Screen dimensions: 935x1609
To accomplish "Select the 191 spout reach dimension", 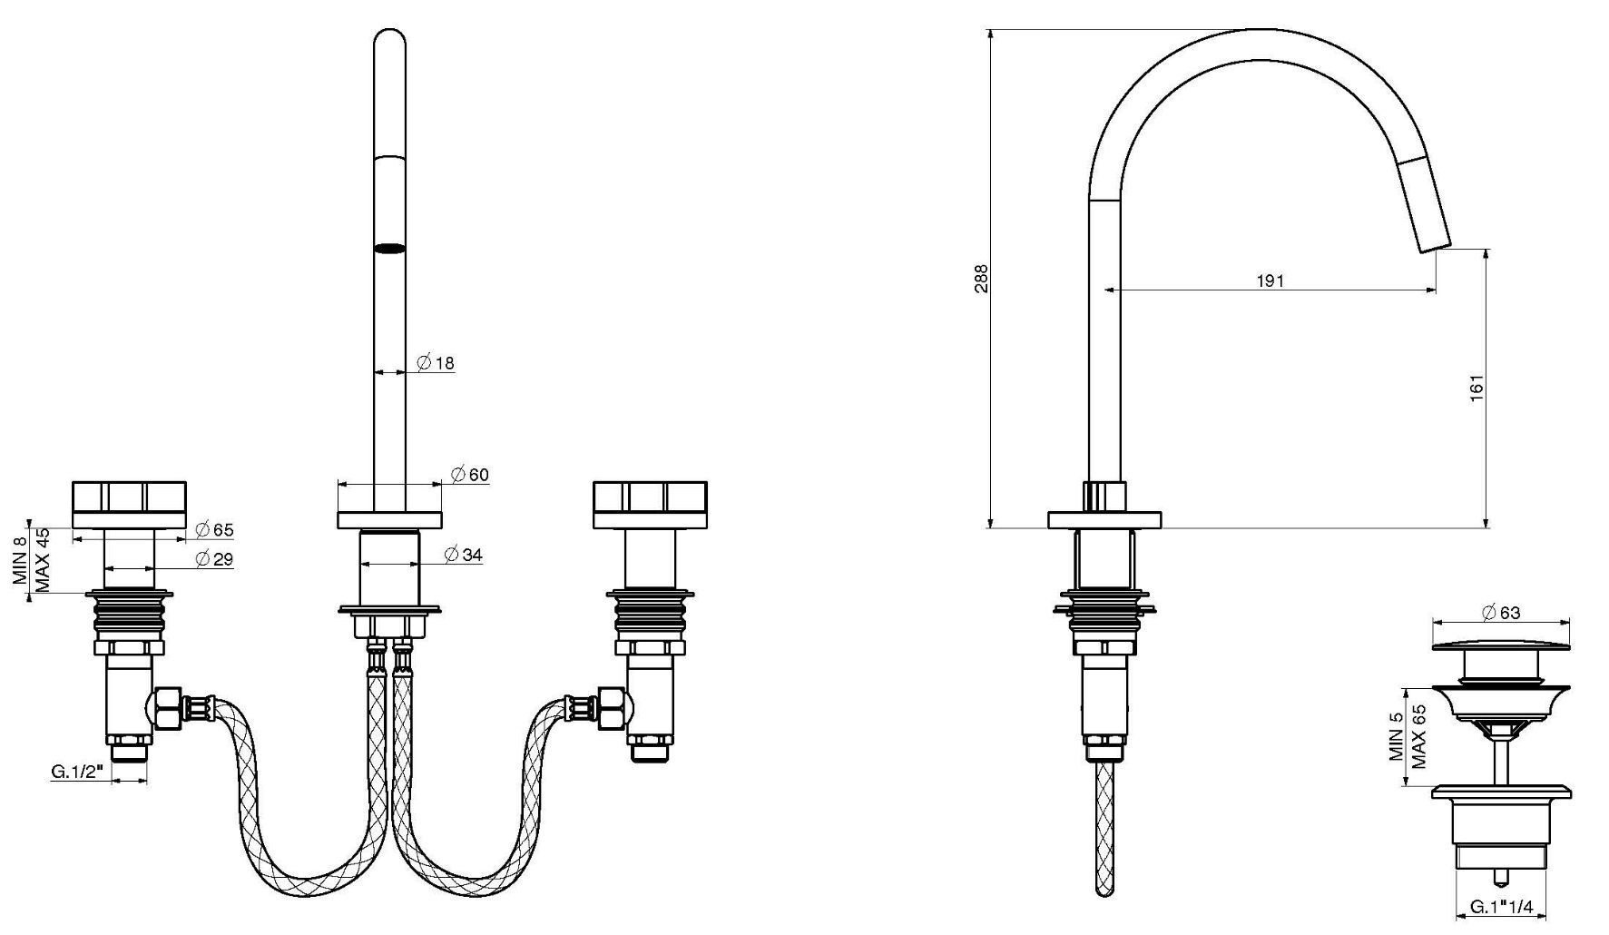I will tap(1271, 280).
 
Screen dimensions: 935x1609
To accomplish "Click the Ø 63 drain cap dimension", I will tap(1501, 613).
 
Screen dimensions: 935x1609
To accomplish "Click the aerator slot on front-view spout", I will tap(389, 248).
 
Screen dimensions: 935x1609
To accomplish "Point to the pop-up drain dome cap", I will tap(1501, 645).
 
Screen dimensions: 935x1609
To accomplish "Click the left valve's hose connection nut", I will tap(167, 707).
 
